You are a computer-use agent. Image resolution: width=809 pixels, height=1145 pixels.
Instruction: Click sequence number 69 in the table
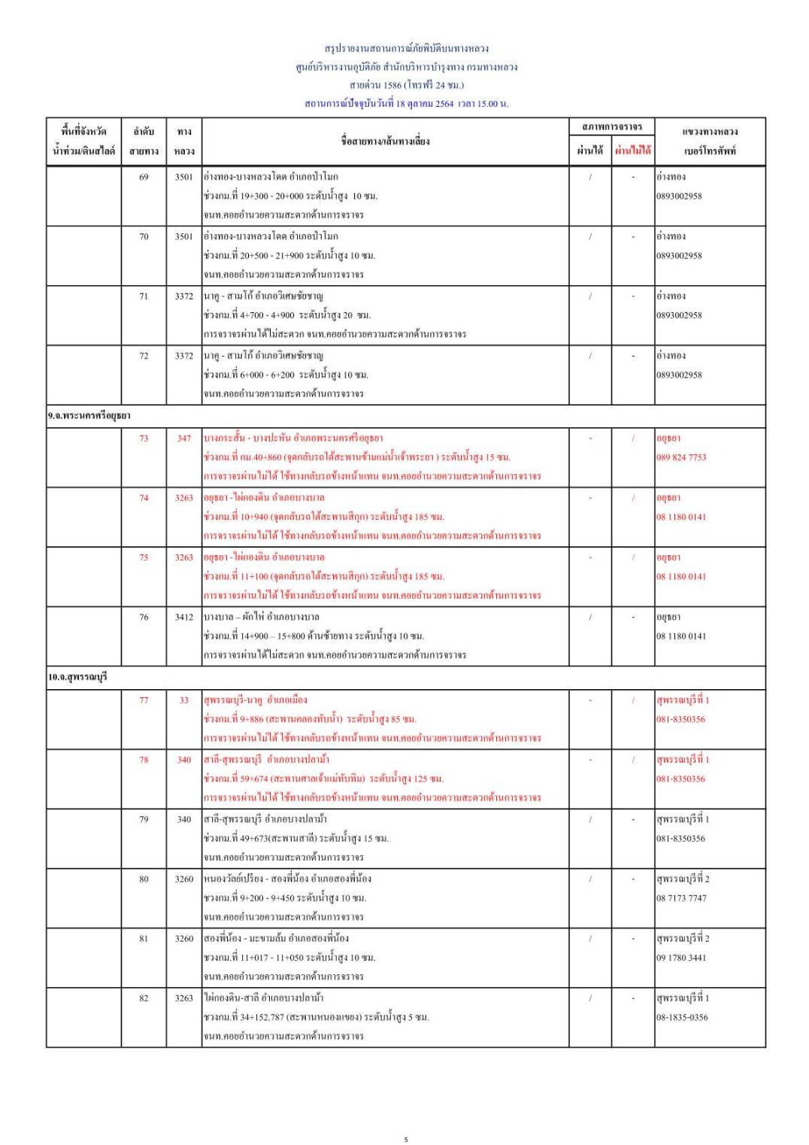pyautogui.click(x=144, y=177)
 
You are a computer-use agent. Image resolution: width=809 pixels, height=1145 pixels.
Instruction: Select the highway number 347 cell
pyautogui.click(x=183, y=438)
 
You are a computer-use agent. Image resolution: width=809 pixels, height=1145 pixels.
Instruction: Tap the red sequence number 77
pyautogui.click(x=144, y=700)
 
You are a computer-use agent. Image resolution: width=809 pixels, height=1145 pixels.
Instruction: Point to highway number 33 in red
pyautogui.click(x=183, y=700)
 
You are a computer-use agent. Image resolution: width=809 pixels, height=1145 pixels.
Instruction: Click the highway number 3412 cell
pyautogui.click(x=183, y=617)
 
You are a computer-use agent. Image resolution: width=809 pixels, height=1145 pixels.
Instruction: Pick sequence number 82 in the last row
pyautogui.click(x=144, y=998)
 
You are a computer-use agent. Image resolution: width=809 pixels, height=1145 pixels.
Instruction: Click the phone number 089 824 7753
pyautogui.click(x=681, y=457)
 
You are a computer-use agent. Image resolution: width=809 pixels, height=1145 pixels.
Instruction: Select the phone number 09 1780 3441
pyautogui.click(x=681, y=958)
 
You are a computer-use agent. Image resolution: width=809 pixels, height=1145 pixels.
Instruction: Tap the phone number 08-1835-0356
pyautogui.click(x=682, y=1017)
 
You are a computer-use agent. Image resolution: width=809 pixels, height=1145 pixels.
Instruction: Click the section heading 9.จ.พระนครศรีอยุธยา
pyautogui.click(x=89, y=416)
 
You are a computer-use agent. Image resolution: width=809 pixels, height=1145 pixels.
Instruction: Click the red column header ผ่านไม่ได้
pyautogui.click(x=632, y=150)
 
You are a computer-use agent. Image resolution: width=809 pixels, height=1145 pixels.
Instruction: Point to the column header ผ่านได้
pyautogui.click(x=589, y=150)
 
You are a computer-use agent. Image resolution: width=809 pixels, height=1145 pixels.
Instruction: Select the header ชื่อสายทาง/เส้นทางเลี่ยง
pyautogui.click(x=385, y=141)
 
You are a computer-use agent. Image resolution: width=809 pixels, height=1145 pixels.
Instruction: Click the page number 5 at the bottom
pyautogui.click(x=406, y=1139)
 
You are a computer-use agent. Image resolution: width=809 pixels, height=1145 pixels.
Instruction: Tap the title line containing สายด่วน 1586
pyautogui.click(x=406, y=85)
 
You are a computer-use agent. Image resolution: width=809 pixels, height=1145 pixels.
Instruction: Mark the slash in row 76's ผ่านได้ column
pyautogui.click(x=590, y=617)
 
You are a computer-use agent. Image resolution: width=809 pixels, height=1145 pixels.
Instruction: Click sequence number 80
pyautogui.click(x=144, y=879)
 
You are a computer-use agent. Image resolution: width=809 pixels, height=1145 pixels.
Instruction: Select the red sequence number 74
pyautogui.click(x=144, y=497)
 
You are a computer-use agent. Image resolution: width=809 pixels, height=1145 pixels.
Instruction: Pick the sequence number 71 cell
pyautogui.click(x=144, y=296)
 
